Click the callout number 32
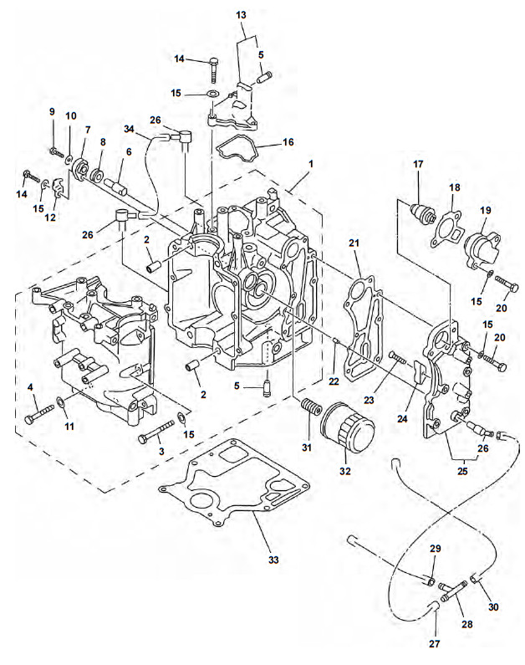coord(344,472)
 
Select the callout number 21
coord(354,243)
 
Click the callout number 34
coord(130,128)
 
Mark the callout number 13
coord(241,15)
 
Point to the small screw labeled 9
coord(56,152)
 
